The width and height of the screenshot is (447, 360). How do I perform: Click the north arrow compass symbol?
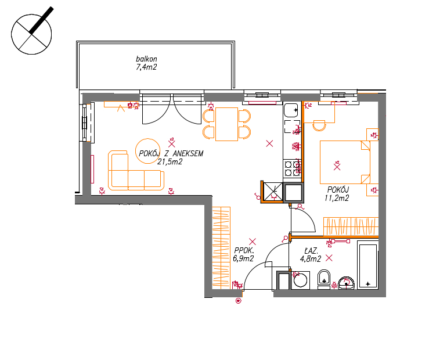tap(31, 34)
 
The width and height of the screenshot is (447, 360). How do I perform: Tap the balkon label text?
tap(146, 59)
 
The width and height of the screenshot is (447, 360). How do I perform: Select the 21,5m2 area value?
tap(170, 162)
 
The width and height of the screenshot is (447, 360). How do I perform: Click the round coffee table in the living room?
tap(147, 151)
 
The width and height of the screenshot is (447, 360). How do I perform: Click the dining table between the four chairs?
tap(226, 124)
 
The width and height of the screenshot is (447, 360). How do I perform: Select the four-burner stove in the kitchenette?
tap(292, 168)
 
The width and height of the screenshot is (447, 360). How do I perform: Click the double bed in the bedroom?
tap(345, 162)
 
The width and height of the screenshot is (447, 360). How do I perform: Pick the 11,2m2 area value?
tap(337, 198)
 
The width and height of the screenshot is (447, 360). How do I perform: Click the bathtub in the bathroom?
tap(368, 265)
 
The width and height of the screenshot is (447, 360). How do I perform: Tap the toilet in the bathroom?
tap(324, 279)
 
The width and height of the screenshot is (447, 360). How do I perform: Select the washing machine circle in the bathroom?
tap(300, 280)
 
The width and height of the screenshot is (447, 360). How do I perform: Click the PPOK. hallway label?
tap(244, 250)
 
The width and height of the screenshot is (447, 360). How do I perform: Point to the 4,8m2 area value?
tap(311, 259)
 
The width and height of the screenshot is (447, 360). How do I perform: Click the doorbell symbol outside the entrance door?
tap(239, 300)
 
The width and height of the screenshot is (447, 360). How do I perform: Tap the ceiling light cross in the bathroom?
tap(329, 258)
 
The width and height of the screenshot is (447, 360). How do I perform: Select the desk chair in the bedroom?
tap(319, 125)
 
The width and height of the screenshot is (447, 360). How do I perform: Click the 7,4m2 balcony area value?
tap(146, 67)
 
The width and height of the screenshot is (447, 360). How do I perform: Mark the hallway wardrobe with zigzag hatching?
tap(221, 247)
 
